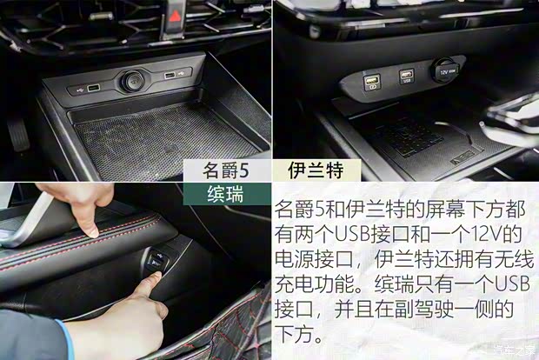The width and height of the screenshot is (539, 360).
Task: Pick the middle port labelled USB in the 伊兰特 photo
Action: [406, 77]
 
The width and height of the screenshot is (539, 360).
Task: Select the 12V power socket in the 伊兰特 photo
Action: [446, 70]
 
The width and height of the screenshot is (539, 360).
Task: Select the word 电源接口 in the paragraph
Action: [314, 259]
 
